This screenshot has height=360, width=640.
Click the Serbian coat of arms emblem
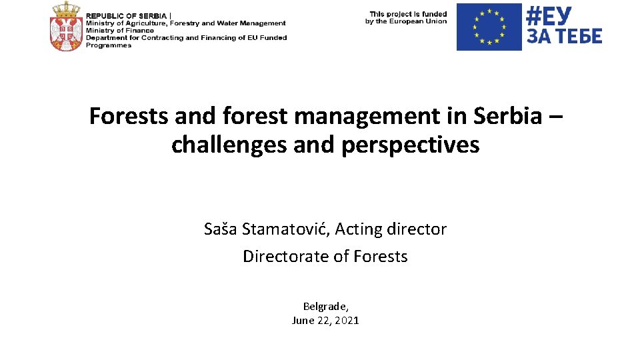[65, 27]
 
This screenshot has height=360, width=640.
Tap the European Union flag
[489, 27]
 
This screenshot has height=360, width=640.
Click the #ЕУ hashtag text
[549, 15]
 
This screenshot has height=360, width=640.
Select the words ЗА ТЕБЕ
[564, 36]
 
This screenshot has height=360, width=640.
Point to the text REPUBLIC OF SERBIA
[126, 16]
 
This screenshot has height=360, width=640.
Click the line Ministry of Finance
[120, 31]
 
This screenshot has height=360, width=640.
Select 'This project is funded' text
[407, 13]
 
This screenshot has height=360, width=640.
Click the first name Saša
[221, 229]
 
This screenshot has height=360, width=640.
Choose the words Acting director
[391, 229]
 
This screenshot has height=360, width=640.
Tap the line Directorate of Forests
[325, 257]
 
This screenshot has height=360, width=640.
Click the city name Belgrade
[325, 307]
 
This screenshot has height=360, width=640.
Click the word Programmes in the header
[109, 45]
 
